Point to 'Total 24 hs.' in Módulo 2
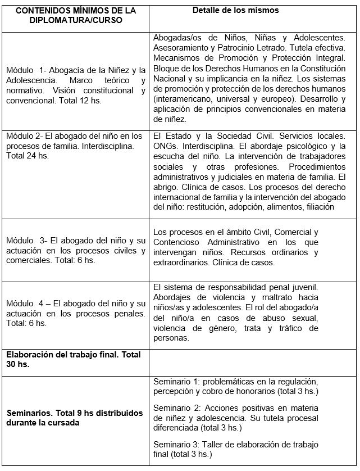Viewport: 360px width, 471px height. coord(28,156)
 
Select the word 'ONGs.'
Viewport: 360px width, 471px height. coord(165,146)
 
